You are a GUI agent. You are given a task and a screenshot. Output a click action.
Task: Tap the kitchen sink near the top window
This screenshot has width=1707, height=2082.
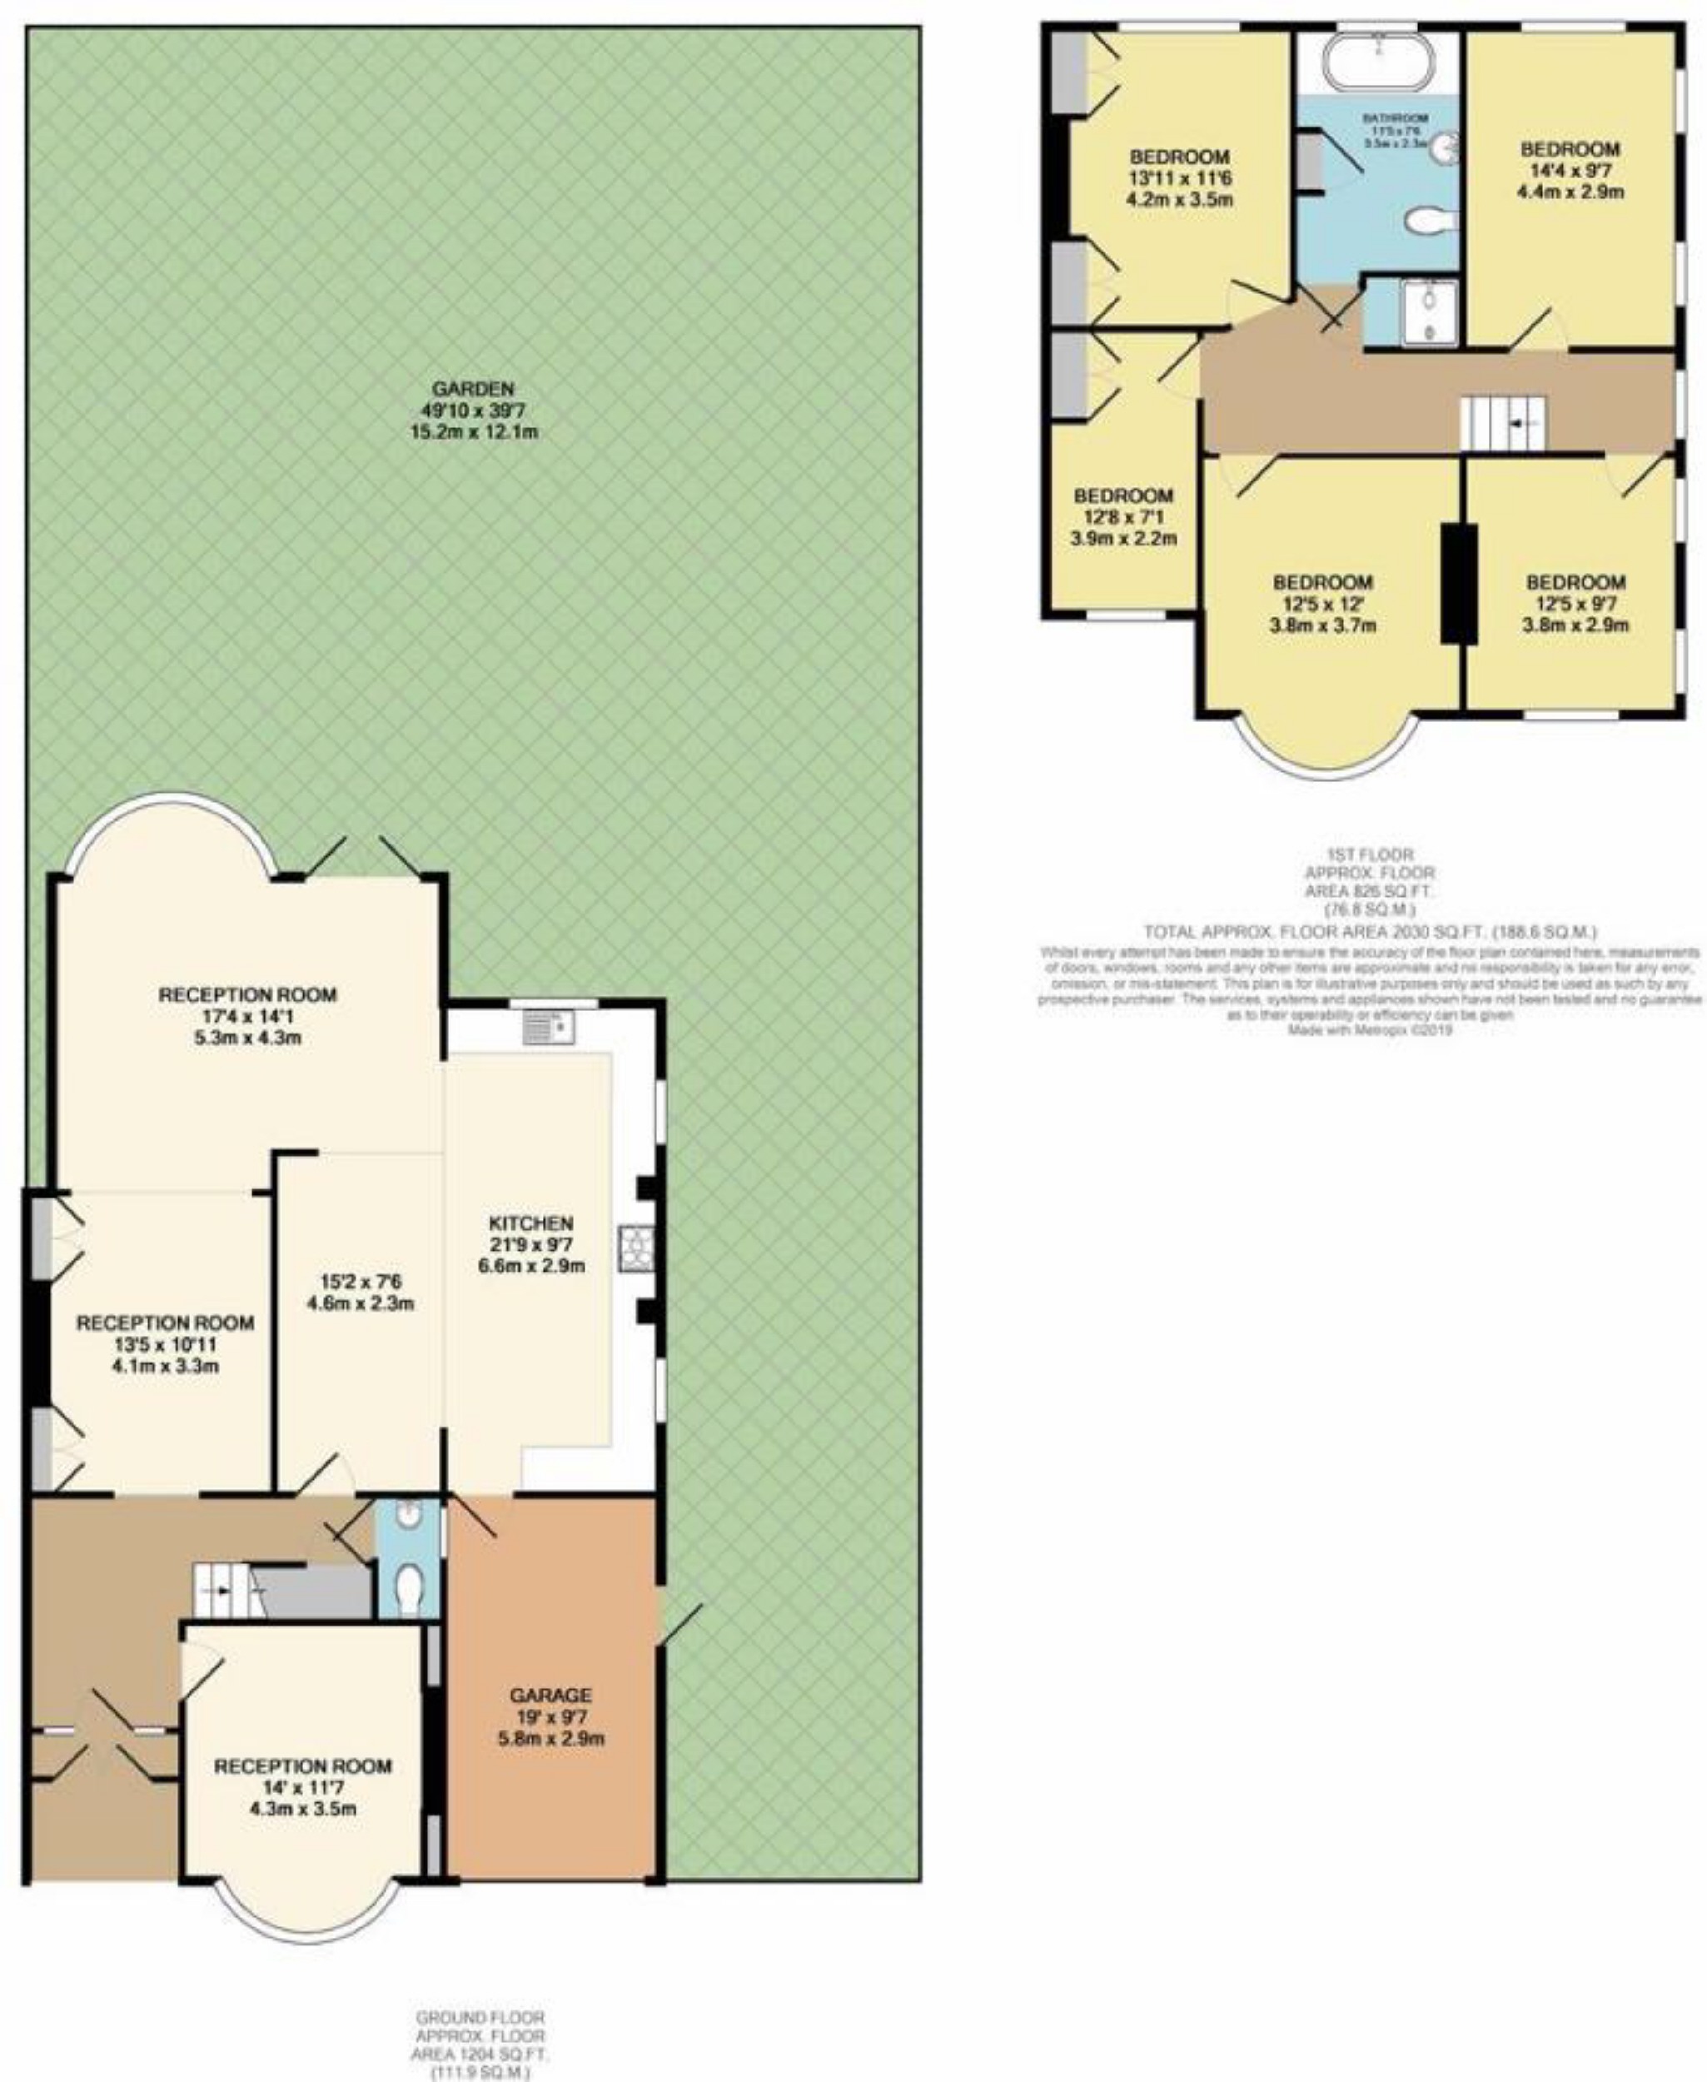click(549, 1027)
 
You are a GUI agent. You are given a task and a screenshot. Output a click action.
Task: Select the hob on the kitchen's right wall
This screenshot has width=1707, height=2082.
click(630, 1249)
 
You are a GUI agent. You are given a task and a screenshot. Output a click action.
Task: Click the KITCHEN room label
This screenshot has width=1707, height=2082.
click(531, 1223)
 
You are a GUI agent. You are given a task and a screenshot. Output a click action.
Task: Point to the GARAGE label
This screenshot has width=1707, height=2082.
click(550, 1696)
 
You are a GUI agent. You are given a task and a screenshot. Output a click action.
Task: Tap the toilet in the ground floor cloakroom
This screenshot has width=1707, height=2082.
click(408, 1586)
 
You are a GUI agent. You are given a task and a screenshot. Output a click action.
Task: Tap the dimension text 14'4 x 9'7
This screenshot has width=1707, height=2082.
click(1570, 170)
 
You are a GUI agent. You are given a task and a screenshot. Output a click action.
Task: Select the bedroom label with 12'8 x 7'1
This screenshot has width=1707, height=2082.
click(1123, 496)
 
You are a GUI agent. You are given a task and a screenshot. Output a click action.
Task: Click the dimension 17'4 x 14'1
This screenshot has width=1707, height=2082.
click(248, 1016)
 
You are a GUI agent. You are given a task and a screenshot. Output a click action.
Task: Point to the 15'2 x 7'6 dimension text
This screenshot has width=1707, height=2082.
click(360, 1283)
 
